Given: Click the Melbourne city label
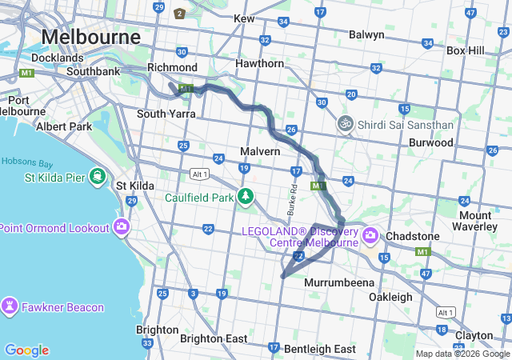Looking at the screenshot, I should pos(90,37).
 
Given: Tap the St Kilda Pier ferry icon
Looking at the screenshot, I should pos(98,176).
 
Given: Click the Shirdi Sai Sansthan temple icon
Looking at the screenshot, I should pos(345,125).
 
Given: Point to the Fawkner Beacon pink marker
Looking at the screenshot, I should pos(10,306).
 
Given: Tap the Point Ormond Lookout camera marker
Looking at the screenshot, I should pos(122,227).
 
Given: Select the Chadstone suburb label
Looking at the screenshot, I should pos(412,237).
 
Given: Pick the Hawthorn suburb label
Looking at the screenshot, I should pos(259,63).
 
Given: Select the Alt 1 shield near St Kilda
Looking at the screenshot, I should pos(199,174).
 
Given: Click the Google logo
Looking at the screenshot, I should pos(26,350).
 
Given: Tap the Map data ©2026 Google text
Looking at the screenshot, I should pos(462,354).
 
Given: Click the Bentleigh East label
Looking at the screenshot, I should pos(319,349).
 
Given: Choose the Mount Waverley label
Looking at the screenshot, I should pos(486,221).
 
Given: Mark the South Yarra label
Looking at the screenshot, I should pos(166,114).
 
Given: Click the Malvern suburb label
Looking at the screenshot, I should pos(260,151).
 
